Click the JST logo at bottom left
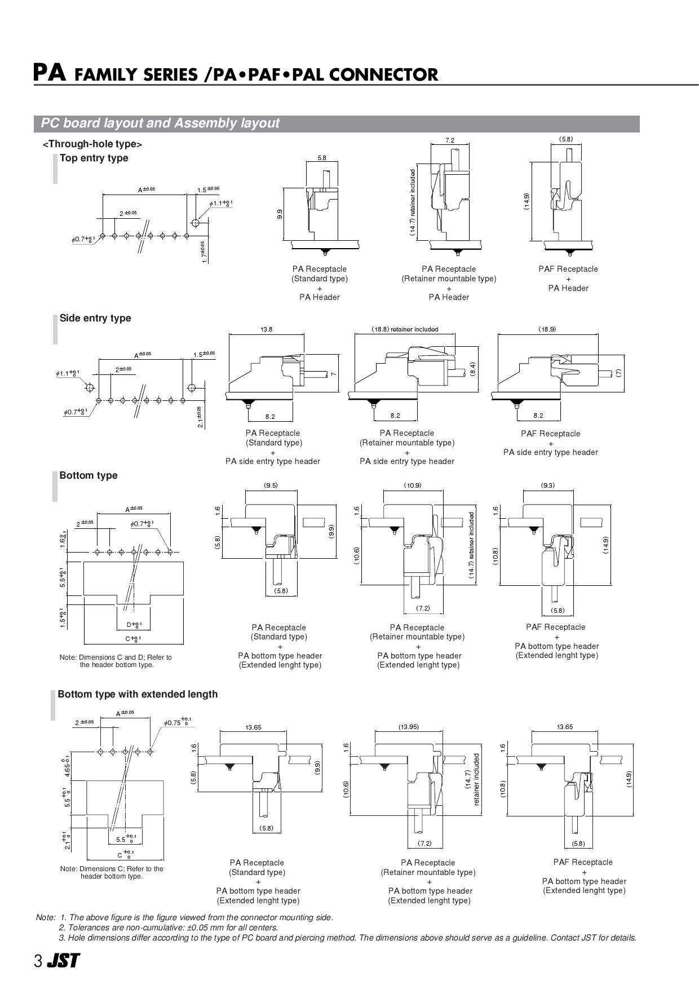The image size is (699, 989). point(63,961)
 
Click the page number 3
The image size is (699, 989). point(38,961)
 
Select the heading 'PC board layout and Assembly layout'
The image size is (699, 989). point(160,123)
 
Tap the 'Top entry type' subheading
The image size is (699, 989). point(94,158)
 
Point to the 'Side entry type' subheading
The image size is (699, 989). point(95,318)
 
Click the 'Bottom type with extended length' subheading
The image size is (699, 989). point(138,694)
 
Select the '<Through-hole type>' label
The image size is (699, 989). point(92,144)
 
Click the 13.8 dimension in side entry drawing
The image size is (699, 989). point(266,329)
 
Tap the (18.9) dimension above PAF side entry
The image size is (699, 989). point(547,329)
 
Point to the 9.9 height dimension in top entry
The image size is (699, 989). point(280,214)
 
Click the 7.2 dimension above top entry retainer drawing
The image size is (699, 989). point(449,140)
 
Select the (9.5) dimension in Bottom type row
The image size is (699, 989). point(271,485)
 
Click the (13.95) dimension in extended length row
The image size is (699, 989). point(408,727)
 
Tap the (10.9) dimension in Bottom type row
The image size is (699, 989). point(413,485)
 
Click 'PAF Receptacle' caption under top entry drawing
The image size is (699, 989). point(568,269)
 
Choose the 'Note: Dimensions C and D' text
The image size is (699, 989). point(116,661)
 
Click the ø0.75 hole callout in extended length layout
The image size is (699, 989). point(175,722)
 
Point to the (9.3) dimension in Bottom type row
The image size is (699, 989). point(547,485)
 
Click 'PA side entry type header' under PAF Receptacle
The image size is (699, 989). point(550,452)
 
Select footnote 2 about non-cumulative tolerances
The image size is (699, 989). point(169,928)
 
